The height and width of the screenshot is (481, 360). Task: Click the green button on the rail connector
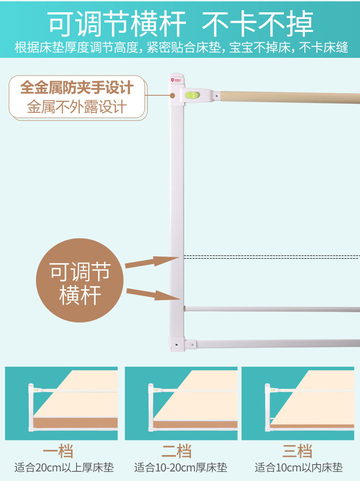(x=192, y=95)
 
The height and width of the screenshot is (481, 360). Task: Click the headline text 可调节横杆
(x=118, y=24)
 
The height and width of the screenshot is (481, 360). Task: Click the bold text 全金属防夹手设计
(x=77, y=88)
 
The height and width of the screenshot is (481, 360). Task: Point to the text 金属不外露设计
(x=77, y=107)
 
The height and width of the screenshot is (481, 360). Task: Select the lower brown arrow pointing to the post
(x=153, y=294)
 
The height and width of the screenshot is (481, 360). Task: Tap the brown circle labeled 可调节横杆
(x=79, y=280)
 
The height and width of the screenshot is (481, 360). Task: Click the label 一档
(x=58, y=451)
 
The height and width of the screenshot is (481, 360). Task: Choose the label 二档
(x=176, y=451)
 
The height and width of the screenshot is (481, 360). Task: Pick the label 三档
(x=297, y=451)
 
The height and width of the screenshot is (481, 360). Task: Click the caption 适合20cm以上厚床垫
(x=64, y=468)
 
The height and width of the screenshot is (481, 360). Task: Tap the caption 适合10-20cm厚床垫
(x=180, y=468)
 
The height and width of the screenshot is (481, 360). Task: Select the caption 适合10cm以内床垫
(x=298, y=468)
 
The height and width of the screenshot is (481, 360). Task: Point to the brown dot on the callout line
(x=172, y=96)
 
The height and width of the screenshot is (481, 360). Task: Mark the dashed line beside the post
(x=272, y=257)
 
